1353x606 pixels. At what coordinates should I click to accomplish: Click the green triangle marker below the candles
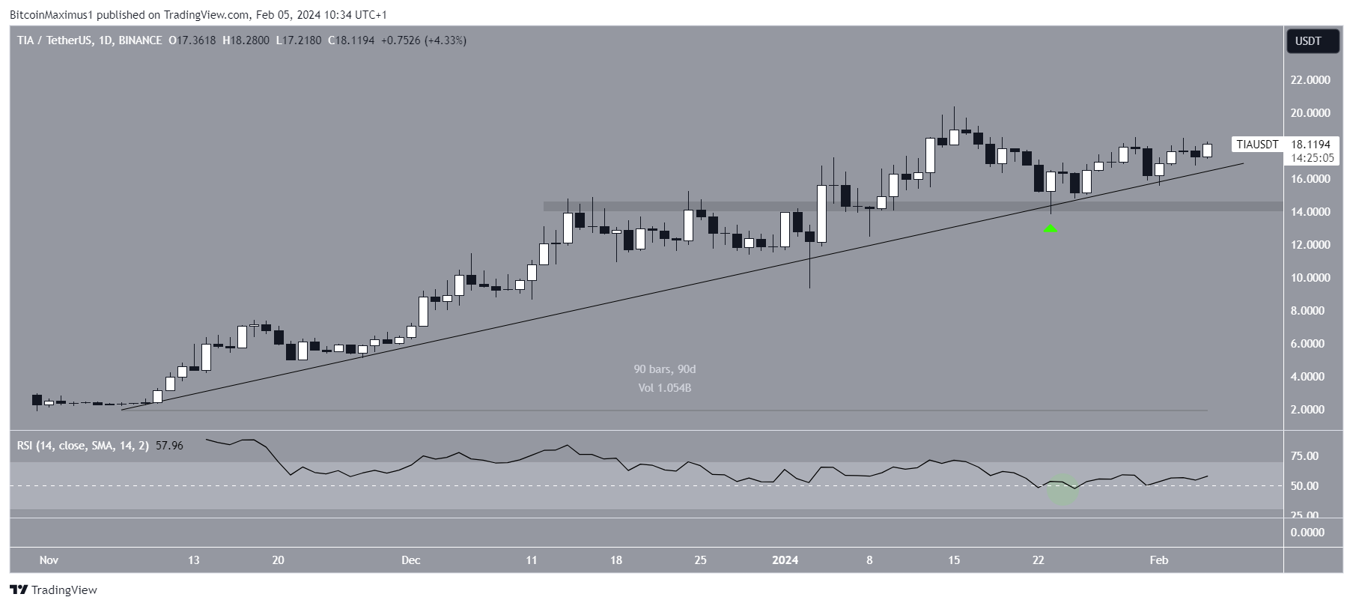tap(1051, 228)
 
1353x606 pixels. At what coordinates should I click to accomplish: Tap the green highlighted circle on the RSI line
tap(1063, 490)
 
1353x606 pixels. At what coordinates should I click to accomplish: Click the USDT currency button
tap(1313, 41)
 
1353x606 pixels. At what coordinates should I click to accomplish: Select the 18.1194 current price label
tap(1310, 145)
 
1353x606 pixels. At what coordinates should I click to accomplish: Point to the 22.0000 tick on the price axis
tap(1310, 80)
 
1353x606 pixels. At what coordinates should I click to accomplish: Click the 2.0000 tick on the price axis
tap(1310, 410)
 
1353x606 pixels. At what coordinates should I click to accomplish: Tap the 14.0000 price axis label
tap(1310, 212)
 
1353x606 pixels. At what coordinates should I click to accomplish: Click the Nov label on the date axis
tap(49, 560)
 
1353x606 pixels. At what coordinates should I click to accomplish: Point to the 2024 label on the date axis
tap(785, 560)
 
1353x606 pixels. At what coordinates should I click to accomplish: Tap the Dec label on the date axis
tap(410, 560)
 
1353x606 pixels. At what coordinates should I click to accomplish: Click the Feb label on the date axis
tap(1158, 560)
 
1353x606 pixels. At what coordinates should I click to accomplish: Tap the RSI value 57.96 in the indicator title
tap(169, 446)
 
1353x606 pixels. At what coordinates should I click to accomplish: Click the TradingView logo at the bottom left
tap(54, 590)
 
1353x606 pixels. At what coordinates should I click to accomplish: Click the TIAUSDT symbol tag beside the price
tap(1257, 145)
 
